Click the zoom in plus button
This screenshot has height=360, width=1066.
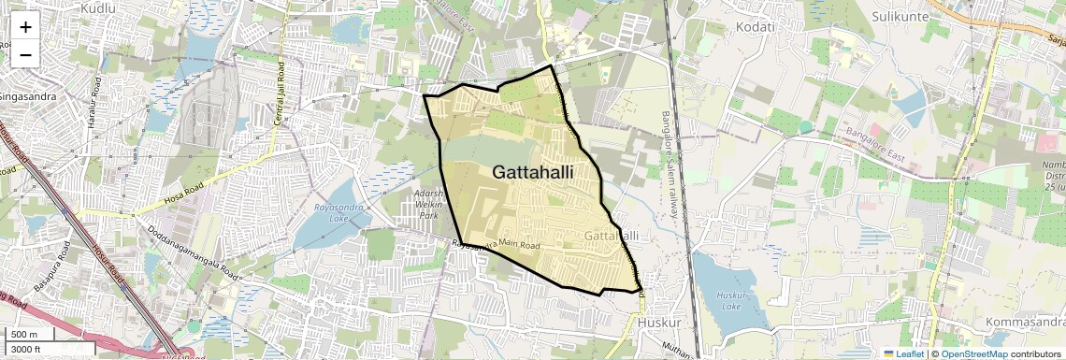25,26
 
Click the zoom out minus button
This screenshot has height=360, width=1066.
25,54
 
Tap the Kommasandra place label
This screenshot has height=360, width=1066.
1025,323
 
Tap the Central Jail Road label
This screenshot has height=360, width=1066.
278,94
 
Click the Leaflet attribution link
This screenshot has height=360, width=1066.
903,353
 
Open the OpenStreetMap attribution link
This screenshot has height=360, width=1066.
973,353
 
